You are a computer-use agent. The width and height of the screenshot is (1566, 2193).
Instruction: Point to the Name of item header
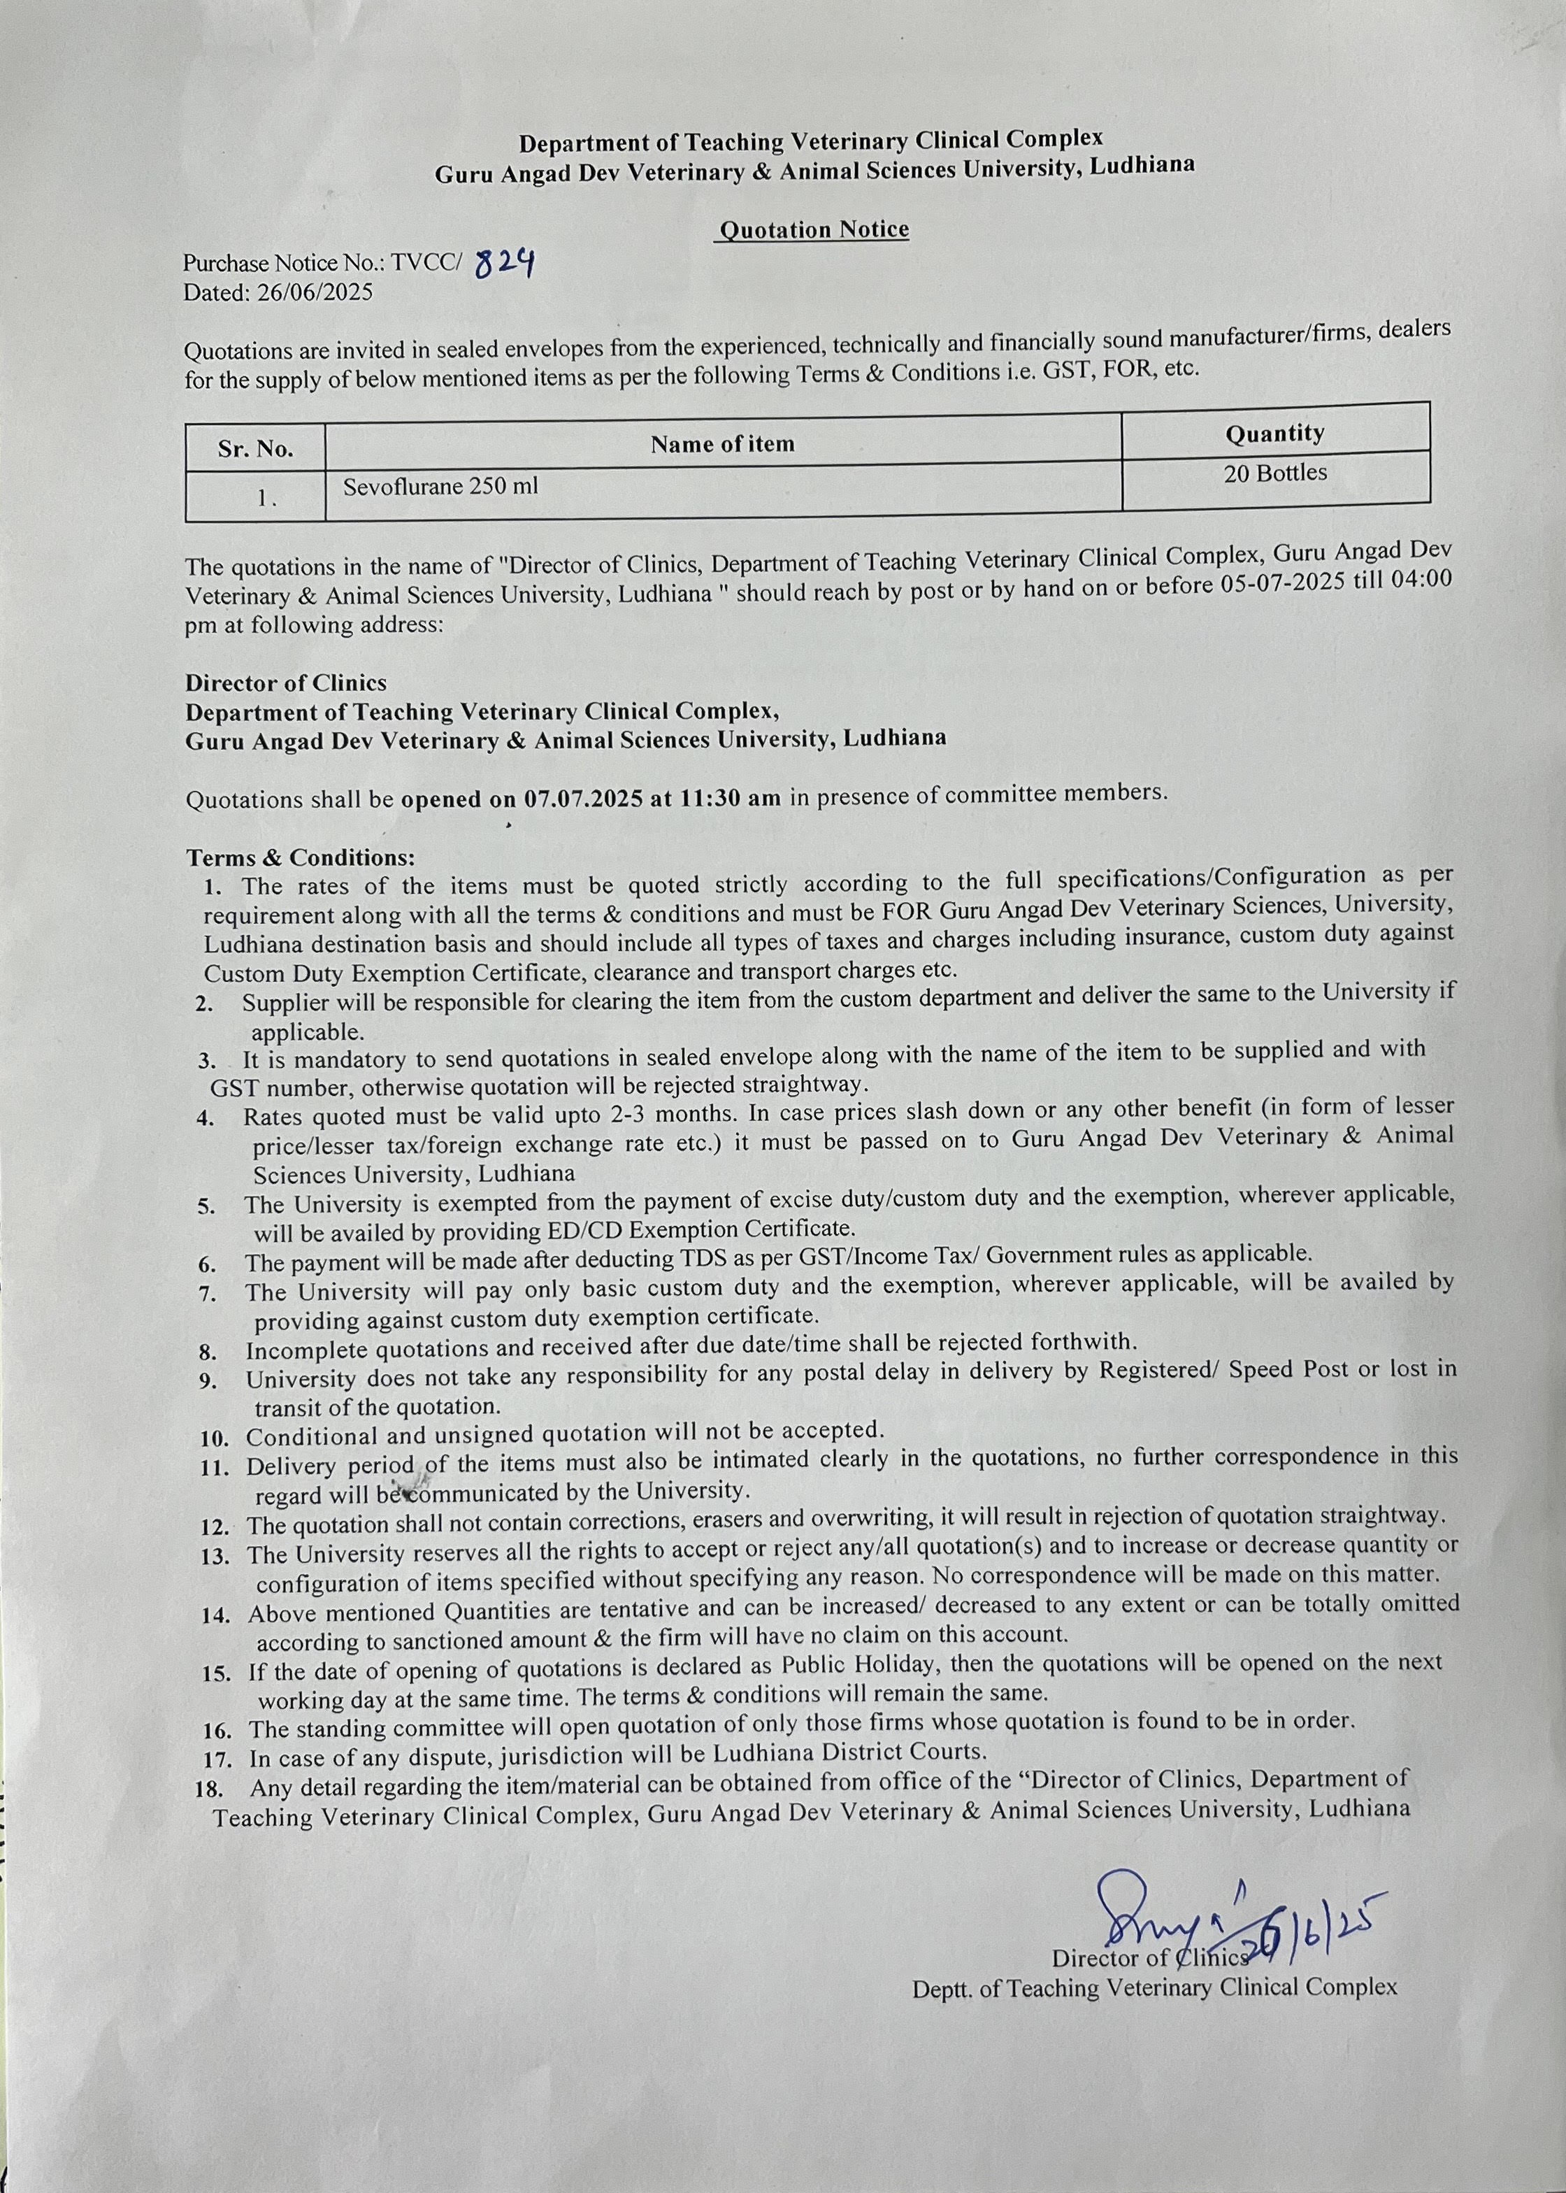[x=722, y=443]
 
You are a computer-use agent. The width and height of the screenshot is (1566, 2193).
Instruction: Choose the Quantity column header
[x=1274, y=434]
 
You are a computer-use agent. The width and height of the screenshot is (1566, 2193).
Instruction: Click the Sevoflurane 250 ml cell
[x=440, y=486]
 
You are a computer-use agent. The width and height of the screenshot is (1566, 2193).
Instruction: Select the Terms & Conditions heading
[x=301, y=857]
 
